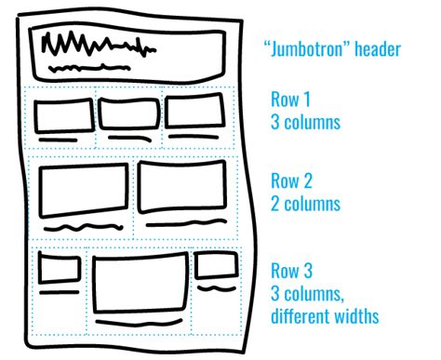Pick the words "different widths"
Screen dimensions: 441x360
tap(325, 316)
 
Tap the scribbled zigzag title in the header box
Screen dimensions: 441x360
tap(89, 45)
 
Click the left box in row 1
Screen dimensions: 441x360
tap(63, 117)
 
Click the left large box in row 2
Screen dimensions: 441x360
tap(83, 193)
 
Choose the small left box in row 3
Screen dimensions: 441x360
tap(59, 271)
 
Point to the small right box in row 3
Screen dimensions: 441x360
tap(213, 265)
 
